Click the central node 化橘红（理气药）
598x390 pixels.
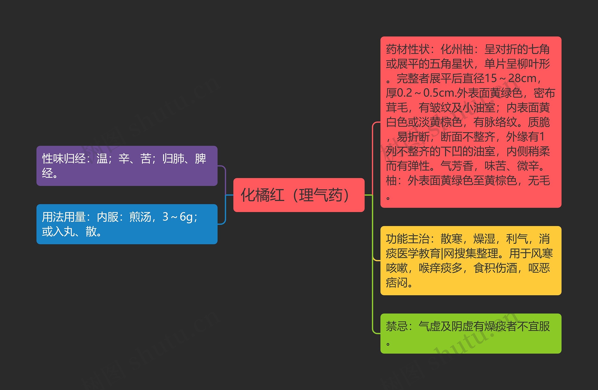299,195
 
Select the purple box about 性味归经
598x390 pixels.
127,166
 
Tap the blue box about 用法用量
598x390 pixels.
127,224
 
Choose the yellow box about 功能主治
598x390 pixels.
471,260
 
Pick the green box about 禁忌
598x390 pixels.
471,333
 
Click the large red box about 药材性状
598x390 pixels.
471,122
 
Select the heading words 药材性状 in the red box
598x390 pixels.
408,49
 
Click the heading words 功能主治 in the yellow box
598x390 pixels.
408,239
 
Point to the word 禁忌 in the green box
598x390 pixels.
397,326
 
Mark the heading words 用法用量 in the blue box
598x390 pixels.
64,217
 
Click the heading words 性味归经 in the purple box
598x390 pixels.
64,159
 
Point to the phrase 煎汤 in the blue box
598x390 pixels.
140,217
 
